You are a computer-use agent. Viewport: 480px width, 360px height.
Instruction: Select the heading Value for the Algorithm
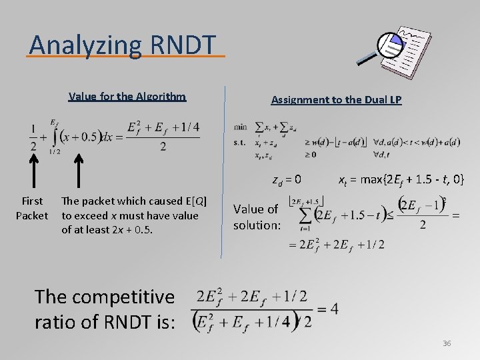(x=127, y=97)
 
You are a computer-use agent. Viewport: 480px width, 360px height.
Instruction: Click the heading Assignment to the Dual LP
(x=336, y=100)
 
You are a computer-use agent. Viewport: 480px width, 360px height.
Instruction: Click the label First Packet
(x=32, y=208)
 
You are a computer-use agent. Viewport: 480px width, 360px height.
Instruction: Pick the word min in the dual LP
(x=240, y=127)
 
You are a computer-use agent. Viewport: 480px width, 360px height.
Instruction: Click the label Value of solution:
(x=257, y=217)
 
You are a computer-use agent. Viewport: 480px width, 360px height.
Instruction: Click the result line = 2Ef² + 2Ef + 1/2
(x=336, y=245)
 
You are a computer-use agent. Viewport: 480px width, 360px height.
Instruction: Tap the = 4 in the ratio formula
(x=327, y=309)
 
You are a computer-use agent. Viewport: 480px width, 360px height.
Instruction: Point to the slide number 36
(x=447, y=343)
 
